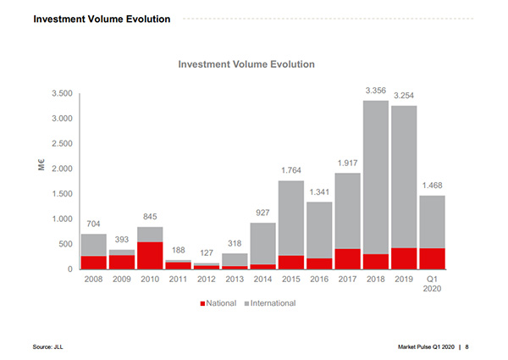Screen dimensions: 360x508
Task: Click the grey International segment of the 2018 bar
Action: (x=376, y=177)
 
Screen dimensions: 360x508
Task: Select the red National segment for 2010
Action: (x=150, y=255)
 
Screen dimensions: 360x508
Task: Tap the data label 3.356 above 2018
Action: (x=376, y=90)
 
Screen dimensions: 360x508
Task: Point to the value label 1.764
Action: (x=291, y=170)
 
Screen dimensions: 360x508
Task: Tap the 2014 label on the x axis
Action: (x=262, y=279)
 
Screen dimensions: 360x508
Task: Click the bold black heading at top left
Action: (x=101, y=19)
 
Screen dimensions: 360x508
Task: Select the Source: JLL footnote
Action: (x=49, y=346)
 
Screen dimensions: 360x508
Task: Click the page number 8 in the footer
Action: (x=467, y=346)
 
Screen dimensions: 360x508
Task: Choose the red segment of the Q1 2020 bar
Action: (x=432, y=258)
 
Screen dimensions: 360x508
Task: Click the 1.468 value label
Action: (x=432, y=185)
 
